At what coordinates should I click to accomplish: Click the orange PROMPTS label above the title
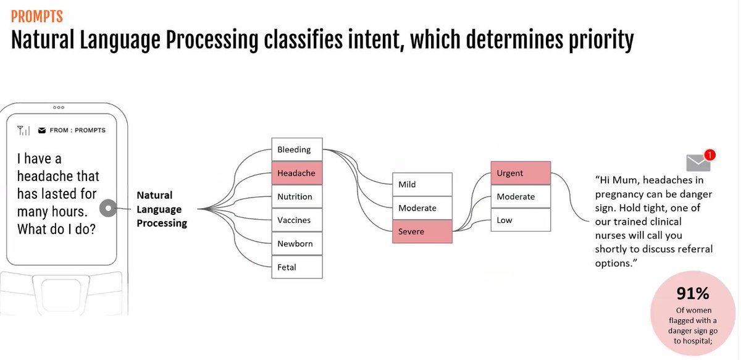[36, 16]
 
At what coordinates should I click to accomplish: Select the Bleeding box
[297, 149]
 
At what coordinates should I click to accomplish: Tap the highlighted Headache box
[297, 173]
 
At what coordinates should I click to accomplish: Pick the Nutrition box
[297, 196]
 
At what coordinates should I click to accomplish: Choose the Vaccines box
[297, 220]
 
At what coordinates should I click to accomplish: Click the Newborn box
[297, 243]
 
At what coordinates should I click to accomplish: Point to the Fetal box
[297, 267]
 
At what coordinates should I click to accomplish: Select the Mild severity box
[422, 184]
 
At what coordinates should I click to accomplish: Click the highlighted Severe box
[422, 232]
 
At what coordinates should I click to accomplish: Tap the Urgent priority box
[521, 173]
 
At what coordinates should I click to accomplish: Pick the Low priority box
[521, 220]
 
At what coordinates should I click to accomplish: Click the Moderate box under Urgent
[521, 196]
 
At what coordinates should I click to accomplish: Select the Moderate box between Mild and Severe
[422, 208]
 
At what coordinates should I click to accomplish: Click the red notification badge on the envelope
[710, 155]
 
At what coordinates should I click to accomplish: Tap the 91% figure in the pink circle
[693, 293]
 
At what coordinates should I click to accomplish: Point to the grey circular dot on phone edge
[108, 208]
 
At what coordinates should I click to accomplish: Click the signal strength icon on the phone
[23, 130]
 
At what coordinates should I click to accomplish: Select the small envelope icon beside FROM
[42, 130]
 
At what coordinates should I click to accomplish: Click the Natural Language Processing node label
[162, 209]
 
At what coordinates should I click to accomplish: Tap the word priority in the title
[601, 40]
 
